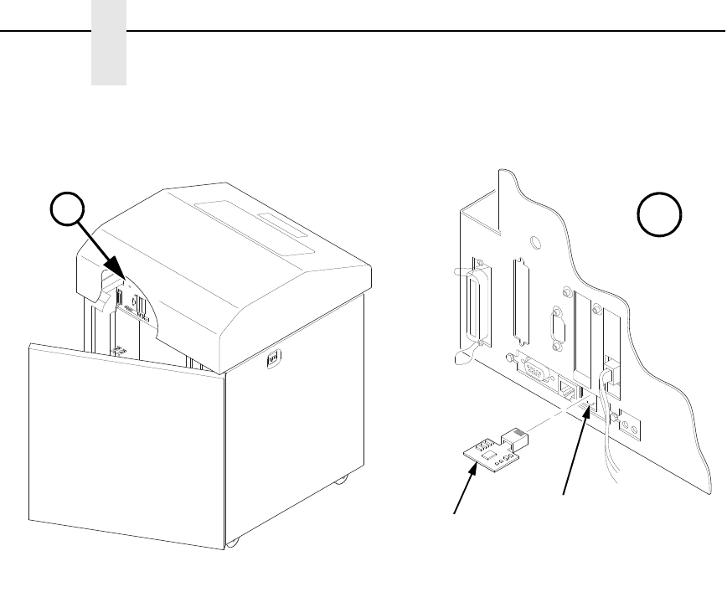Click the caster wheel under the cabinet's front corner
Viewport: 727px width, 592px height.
click(x=233, y=543)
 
